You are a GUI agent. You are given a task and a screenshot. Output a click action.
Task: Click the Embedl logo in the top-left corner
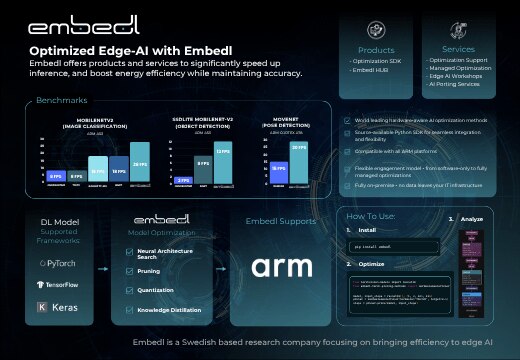coord(69,23)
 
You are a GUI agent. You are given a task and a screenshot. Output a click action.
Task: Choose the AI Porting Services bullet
coord(459,84)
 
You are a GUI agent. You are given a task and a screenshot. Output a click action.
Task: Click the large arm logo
coord(281,266)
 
